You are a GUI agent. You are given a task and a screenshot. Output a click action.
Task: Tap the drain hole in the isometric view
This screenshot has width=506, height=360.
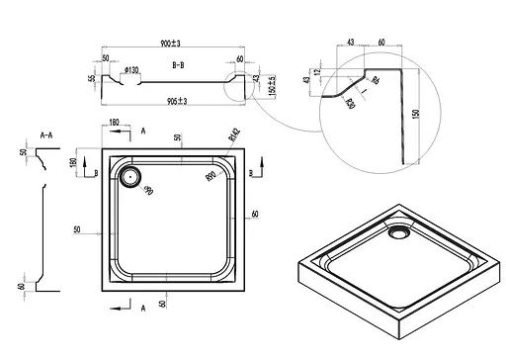pos(399,233)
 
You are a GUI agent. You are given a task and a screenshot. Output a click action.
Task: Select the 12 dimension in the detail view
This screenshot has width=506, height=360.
pos(319,73)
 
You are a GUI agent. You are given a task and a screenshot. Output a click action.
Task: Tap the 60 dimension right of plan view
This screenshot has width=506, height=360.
pos(255,214)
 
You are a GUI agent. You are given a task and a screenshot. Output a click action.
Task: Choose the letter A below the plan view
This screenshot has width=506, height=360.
pos(145,309)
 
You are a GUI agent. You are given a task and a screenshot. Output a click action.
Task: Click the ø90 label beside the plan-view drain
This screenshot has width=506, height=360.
pos(149,189)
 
